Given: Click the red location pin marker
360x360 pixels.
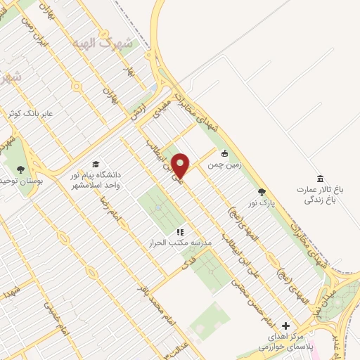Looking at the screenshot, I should coord(181,165).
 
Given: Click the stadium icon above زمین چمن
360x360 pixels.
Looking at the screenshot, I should coord(224,153).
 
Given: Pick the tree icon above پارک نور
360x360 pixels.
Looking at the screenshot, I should coord(262,191).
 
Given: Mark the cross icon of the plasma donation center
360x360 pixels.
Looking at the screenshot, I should coord(285,326).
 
